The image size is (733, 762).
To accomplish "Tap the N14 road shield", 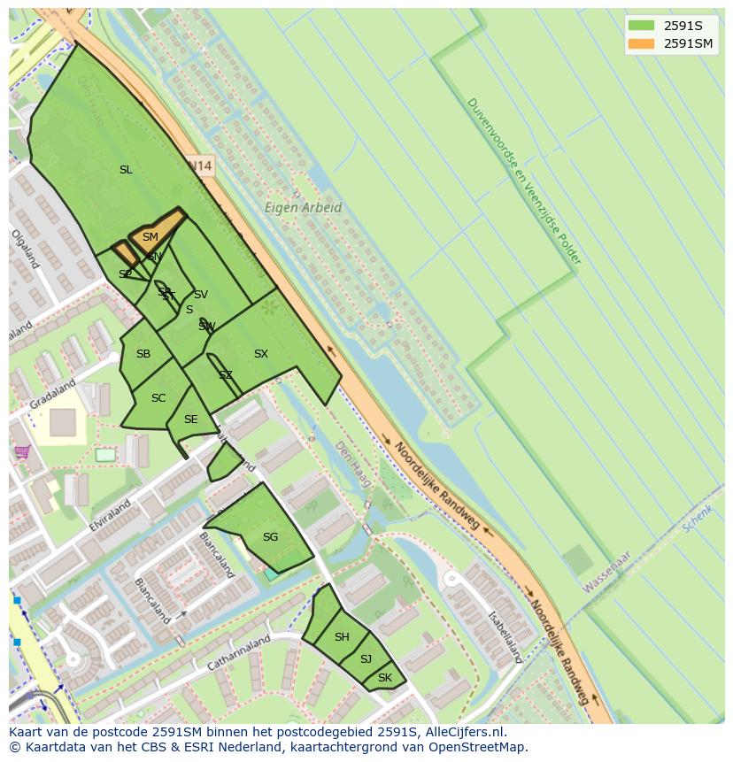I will tap(201, 165).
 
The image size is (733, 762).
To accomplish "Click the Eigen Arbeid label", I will tap(303, 208).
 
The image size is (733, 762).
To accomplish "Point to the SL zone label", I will tap(126, 170).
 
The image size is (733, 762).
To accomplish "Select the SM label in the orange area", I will tap(150, 237).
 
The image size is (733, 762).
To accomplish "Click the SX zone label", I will tap(260, 354).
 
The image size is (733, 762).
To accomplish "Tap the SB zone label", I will tap(143, 354).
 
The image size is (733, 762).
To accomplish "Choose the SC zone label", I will tap(158, 398).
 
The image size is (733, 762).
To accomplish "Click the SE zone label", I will tap(190, 419).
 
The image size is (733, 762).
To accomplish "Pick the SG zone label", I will tap(270, 537).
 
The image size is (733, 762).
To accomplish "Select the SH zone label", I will tap(342, 637).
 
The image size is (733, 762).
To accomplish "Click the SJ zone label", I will tap(366, 659).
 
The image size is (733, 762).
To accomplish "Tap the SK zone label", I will tap(384, 678).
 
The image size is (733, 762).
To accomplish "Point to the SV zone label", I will tap(201, 295).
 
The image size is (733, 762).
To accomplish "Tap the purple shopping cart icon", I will tap(21, 452).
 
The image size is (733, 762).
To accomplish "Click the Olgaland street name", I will tap(25, 249).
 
